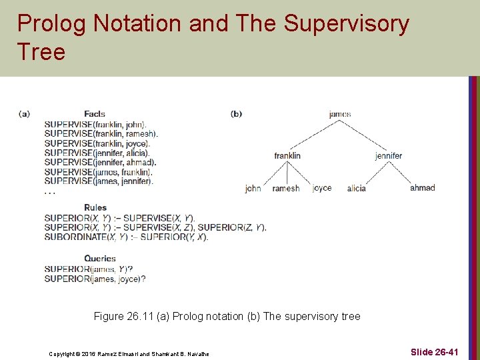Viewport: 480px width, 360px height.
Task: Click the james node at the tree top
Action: click(x=340, y=114)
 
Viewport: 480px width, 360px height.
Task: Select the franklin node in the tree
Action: click(x=287, y=155)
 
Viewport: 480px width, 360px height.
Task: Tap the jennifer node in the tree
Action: click(x=389, y=155)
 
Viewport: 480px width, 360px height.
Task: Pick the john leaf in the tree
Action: click(x=253, y=188)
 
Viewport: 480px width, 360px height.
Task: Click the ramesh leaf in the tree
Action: click(x=286, y=188)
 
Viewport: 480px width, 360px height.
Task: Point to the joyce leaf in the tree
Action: click(x=322, y=188)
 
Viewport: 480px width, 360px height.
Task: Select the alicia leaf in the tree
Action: click(x=357, y=188)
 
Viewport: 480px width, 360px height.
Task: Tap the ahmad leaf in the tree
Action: click(x=422, y=187)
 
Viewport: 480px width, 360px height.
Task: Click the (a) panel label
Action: click(x=24, y=114)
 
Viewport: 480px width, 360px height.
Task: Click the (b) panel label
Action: click(x=236, y=114)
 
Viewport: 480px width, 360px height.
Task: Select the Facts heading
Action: click(x=95, y=114)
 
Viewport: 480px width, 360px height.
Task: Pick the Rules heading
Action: click(x=95, y=207)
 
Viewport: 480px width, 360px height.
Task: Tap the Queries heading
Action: click(x=100, y=258)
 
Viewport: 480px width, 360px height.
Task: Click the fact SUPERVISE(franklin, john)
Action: click(x=95, y=124)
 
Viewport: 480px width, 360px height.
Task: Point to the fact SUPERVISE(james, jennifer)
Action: click(x=99, y=181)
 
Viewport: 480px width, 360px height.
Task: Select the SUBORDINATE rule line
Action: click(x=126, y=237)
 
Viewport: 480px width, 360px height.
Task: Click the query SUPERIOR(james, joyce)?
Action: click(x=95, y=279)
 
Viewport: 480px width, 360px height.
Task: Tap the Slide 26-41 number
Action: click(x=434, y=351)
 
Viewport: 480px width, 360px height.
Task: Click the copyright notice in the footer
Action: click(x=129, y=353)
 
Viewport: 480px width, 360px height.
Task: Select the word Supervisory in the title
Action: click(x=346, y=23)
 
